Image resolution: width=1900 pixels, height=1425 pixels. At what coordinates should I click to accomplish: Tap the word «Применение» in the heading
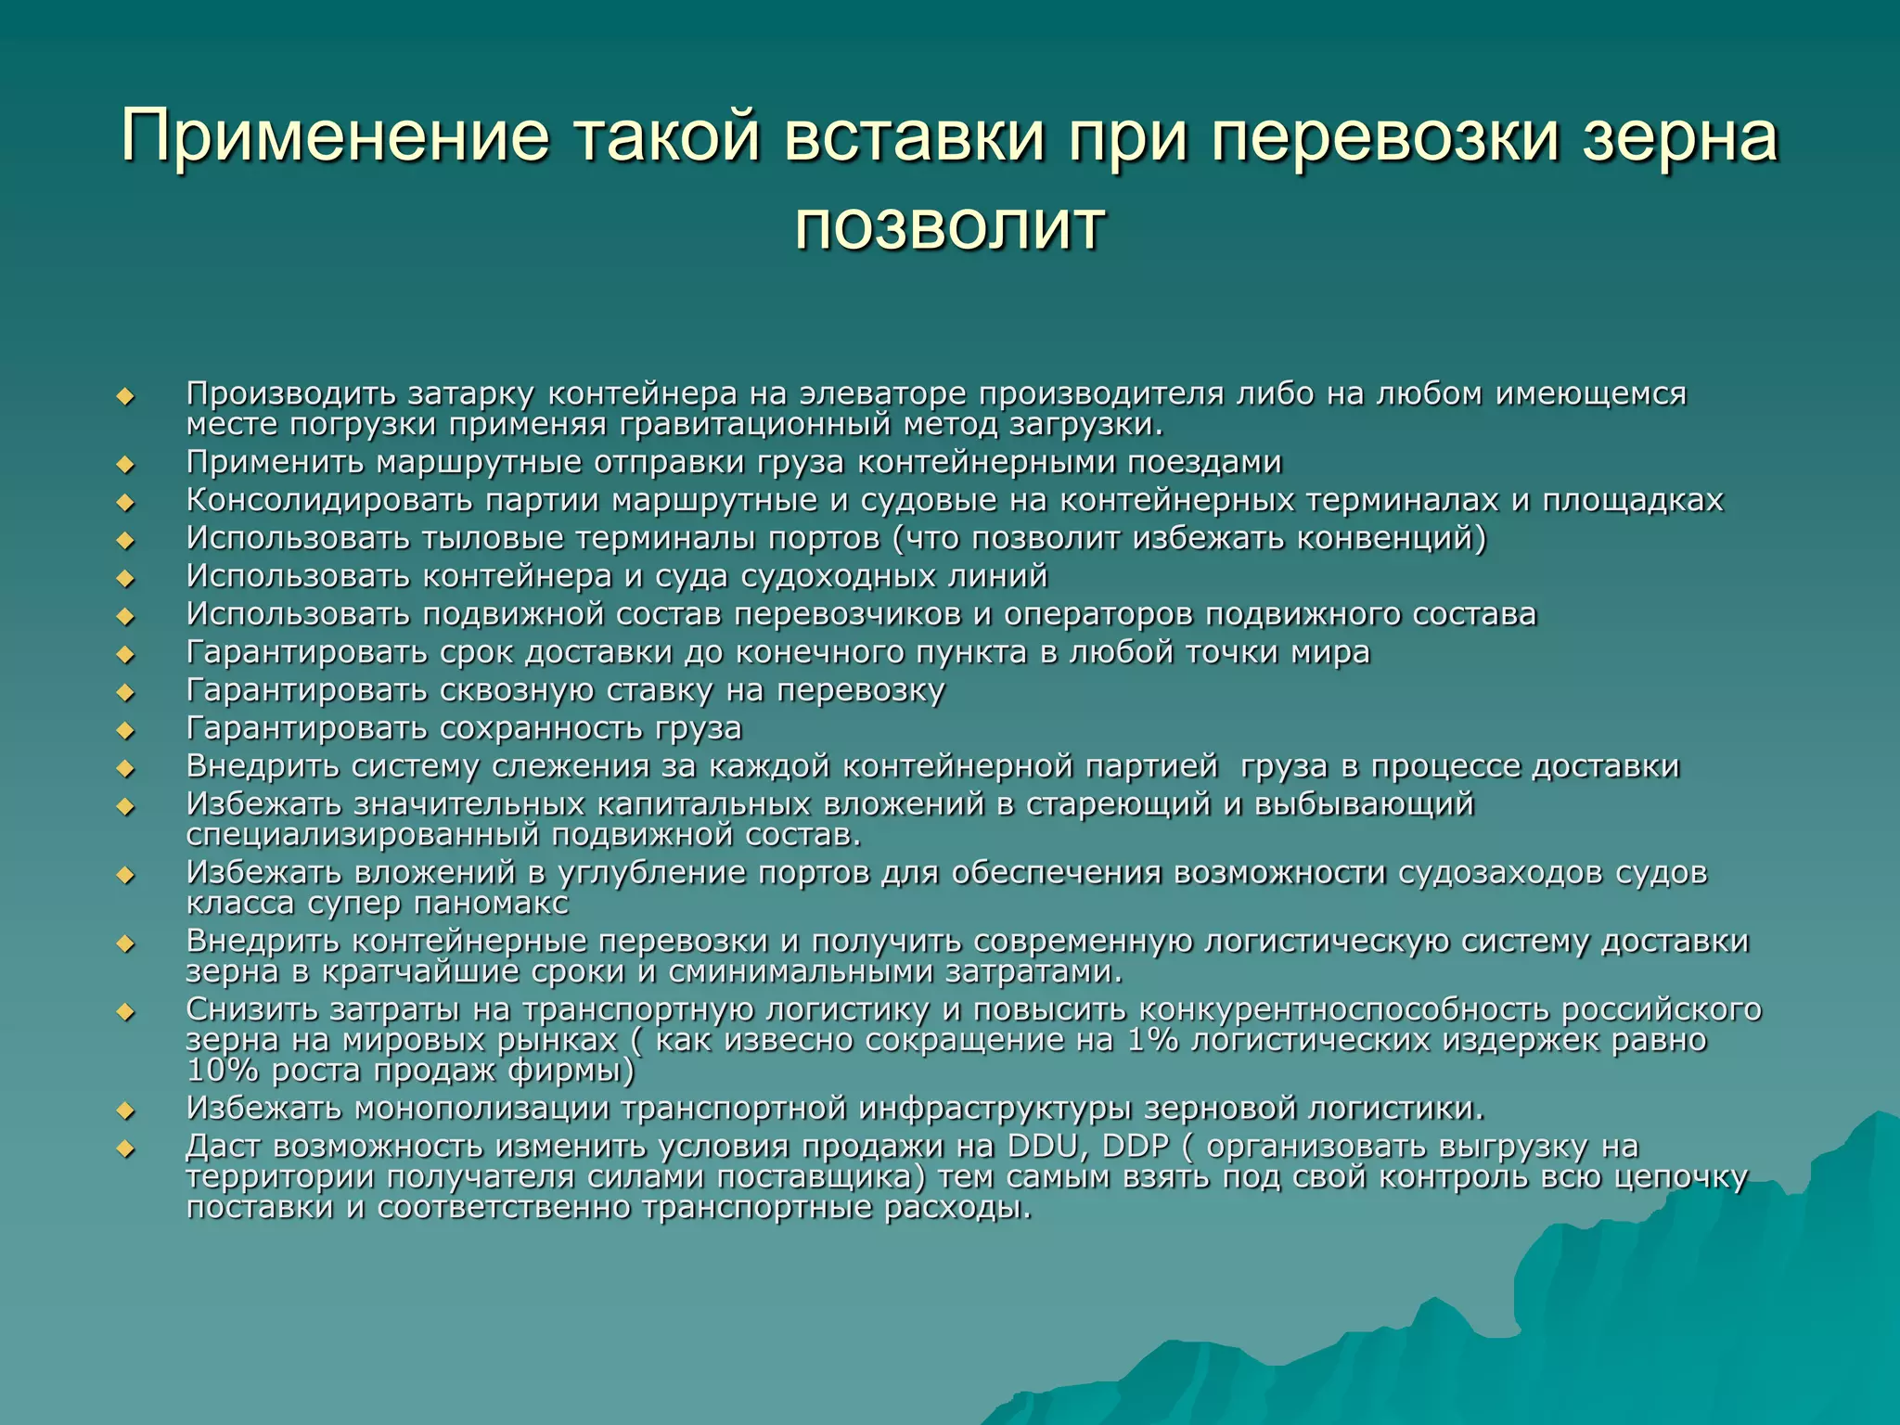click(335, 136)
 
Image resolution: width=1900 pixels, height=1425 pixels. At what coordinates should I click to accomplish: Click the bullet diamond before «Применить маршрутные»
click(125, 464)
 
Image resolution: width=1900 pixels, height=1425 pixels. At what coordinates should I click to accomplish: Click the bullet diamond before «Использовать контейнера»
click(125, 578)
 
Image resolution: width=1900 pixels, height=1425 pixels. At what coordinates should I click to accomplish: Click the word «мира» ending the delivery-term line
click(1330, 652)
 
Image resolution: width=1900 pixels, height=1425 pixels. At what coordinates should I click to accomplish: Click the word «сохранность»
click(541, 728)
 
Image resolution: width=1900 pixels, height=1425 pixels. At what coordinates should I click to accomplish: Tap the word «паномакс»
click(492, 903)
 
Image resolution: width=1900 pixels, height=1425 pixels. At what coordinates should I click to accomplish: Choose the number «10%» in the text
click(222, 1071)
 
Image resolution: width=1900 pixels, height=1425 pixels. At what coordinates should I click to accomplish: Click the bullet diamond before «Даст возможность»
click(125, 1149)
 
